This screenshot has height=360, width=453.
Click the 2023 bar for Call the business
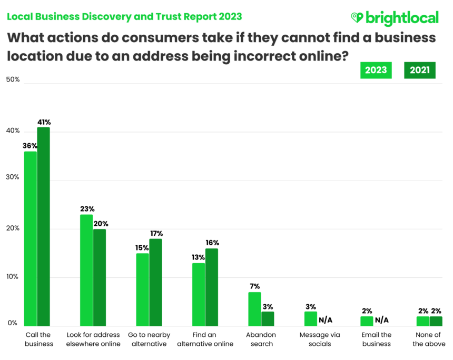pyautogui.click(x=31, y=238)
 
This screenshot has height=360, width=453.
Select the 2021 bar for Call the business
pyautogui.click(x=43, y=226)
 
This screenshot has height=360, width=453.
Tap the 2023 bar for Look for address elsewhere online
pyautogui.click(x=86, y=270)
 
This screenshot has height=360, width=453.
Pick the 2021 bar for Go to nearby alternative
pyautogui.click(x=155, y=282)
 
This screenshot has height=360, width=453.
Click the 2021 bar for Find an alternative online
pyautogui.click(x=211, y=287)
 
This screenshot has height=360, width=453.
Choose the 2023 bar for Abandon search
pyautogui.click(x=254, y=309)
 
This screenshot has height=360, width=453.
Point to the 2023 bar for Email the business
pyautogui.click(x=367, y=321)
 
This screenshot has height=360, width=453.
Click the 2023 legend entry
pyautogui.click(x=376, y=70)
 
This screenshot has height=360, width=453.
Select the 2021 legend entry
pyautogui.click(x=419, y=70)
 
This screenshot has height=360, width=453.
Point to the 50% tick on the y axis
pyautogui.click(x=13, y=79)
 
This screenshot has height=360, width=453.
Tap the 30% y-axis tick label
pyautogui.click(x=13, y=177)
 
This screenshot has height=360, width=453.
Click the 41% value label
pyautogui.click(x=44, y=122)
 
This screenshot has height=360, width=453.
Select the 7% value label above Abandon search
pyautogui.click(x=254, y=287)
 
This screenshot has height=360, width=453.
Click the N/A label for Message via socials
pyautogui.click(x=326, y=319)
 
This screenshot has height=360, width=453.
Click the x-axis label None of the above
pyautogui.click(x=428, y=339)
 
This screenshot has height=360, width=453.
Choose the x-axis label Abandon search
pyautogui.click(x=261, y=339)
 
